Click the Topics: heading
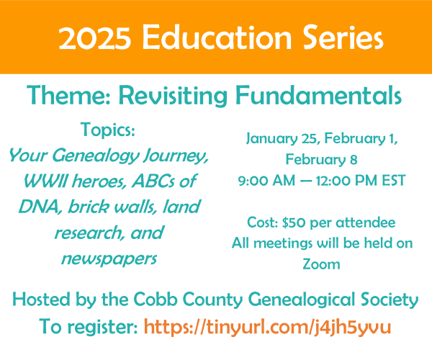coord(109,130)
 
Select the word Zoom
coord(322,264)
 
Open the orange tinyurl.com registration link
coord(267,327)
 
